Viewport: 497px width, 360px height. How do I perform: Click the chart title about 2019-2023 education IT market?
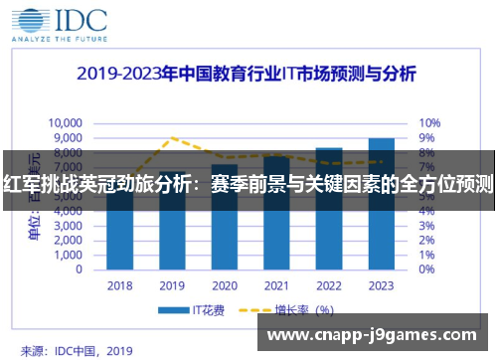(x=248, y=75)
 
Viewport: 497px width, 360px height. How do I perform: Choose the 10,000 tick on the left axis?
(x=68, y=123)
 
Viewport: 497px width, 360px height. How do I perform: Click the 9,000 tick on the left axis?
(x=71, y=138)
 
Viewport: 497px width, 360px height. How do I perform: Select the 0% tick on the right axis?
(x=426, y=269)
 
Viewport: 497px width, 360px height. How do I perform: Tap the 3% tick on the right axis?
(x=426, y=226)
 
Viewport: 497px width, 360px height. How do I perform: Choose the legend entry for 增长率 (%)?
(x=298, y=310)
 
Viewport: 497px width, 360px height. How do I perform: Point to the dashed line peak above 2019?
(x=173, y=137)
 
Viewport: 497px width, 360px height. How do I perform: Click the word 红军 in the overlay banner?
(x=20, y=185)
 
